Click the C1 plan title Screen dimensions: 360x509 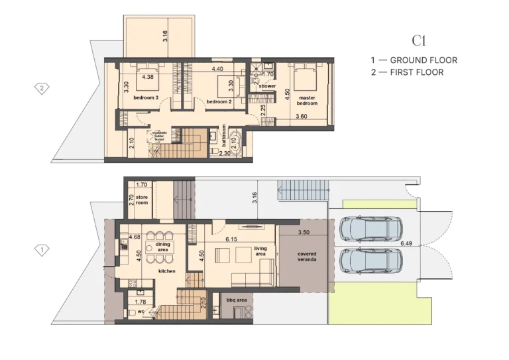[x=418, y=41]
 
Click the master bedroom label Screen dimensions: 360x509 [x=306, y=100]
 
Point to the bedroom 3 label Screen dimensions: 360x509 [x=145, y=97]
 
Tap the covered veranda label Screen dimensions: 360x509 [x=307, y=257]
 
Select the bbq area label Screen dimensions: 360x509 [x=237, y=300]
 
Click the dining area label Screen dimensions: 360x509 [x=163, y=248]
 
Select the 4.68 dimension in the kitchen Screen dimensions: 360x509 [x=135, y=237]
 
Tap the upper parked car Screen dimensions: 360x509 [x=370, y=229]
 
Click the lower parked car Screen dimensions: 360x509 [x=370, y=261]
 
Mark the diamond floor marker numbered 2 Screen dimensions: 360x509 [x=42, y=88]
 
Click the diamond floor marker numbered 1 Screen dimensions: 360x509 [x=42, y=250]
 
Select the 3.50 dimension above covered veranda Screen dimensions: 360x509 [x=304, y=233]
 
